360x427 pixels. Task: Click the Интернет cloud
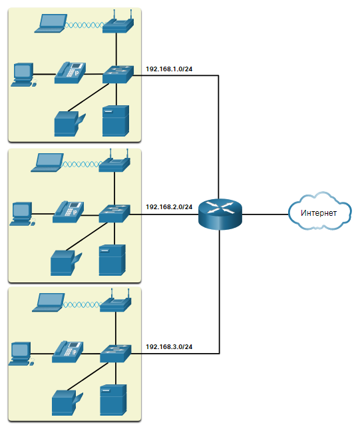coord(319,211)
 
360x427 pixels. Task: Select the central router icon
coord(220,214)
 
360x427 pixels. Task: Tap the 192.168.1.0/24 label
coord(169,69)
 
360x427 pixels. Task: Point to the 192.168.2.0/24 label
coord(169,207)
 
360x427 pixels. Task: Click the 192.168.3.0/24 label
coord(169,346)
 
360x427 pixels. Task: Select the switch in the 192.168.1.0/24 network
coord(118,75)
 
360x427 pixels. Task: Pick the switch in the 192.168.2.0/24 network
coord(114,213)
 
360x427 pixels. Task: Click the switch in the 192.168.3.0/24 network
coord(115,354)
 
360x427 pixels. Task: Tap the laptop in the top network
coord(51,23)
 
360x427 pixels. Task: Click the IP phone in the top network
coord(70,73)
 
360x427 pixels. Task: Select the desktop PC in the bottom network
coord(22,354)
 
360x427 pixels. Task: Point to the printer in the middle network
coord(66,262)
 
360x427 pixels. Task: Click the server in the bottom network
coord(113,400)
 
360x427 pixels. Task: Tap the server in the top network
coord(116,121)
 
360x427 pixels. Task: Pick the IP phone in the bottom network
coord(67,352)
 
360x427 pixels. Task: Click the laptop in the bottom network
coord(49,302)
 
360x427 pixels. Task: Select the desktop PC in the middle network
coord(23,214)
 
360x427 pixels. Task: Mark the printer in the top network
coord(70,124)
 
